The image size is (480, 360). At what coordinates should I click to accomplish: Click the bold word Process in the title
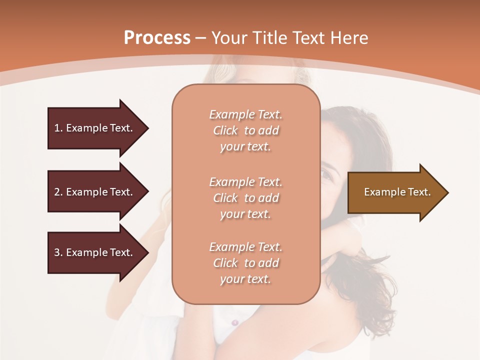[157, 38]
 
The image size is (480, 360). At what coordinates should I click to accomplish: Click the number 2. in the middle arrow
[58, 192]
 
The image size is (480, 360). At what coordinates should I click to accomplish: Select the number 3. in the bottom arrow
[58, 252]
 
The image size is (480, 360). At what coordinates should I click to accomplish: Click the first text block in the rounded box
[245, 130]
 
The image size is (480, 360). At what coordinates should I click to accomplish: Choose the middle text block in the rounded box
[245, 198]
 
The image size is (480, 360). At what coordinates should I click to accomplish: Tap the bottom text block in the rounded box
[245, 263]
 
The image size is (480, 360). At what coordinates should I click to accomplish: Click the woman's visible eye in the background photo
[325, 175]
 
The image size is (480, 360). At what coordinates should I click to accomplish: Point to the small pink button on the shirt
[235, 323]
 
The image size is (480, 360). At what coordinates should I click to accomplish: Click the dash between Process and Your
[201, 38]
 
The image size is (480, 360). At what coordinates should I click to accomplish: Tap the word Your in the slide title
[231, 38]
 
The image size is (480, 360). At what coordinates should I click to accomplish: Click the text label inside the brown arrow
[397, 192]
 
